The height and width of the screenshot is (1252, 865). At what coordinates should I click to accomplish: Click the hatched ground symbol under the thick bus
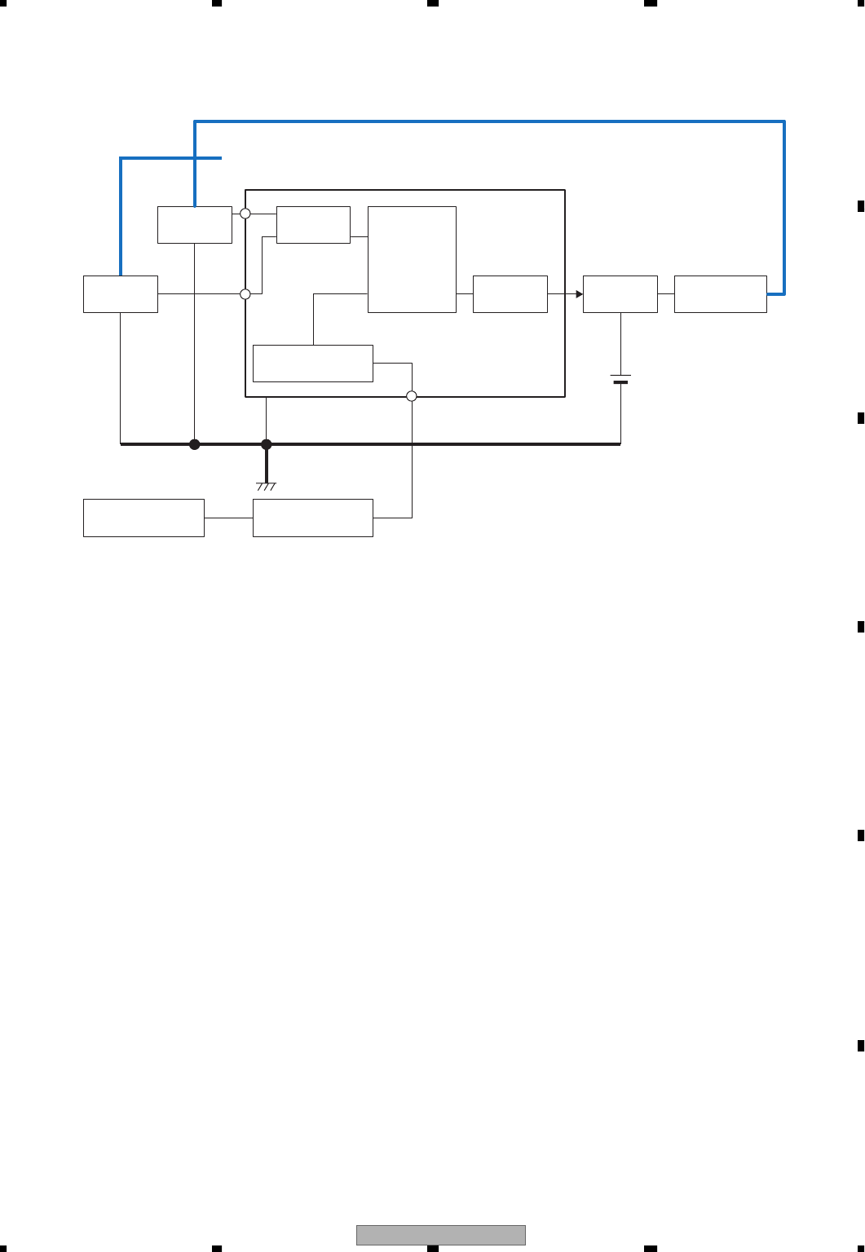point(266,486)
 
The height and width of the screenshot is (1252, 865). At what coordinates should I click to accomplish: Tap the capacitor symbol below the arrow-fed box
point(620,379)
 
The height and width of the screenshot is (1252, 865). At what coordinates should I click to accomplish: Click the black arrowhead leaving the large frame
point(579,294)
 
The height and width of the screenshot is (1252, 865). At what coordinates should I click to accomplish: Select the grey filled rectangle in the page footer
point(440,1235)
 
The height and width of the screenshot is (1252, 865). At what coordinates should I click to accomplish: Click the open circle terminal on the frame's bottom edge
point(412,396)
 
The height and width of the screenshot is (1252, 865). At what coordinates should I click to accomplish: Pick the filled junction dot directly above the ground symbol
point(266,444)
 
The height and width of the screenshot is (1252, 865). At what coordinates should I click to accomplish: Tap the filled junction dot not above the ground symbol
point(194,444)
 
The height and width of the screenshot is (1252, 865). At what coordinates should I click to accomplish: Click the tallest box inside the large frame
point(412,259)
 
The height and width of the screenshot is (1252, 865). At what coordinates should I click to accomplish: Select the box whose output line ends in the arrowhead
point(510,294)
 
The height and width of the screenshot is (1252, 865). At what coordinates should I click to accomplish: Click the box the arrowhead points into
point(620,294)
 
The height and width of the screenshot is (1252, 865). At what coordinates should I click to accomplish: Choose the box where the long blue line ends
point(720,294)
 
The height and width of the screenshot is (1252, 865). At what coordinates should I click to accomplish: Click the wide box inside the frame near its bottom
point(313,364)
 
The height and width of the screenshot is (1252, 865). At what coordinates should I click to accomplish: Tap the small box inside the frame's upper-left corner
point(313,225)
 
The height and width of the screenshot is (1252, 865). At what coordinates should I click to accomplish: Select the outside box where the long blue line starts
point(194,225)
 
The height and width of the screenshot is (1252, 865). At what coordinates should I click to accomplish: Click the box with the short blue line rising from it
point(121,294)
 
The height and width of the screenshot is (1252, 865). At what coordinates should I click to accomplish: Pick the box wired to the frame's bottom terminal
point(313,518)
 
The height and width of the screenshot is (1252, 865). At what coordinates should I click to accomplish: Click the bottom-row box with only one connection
point(143,518)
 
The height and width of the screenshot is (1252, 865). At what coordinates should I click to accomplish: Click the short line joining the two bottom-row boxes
point(228,518)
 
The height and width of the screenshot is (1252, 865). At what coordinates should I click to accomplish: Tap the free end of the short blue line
point(220,158)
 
